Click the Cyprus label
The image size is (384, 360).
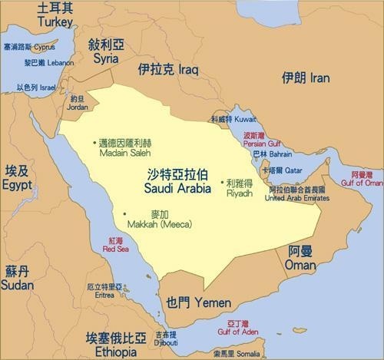(x=29, y=47)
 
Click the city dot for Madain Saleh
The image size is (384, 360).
(x=96, y=143)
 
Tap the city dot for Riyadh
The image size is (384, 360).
(x=222, y=183)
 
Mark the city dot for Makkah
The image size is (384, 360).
(x=125, y=213)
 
